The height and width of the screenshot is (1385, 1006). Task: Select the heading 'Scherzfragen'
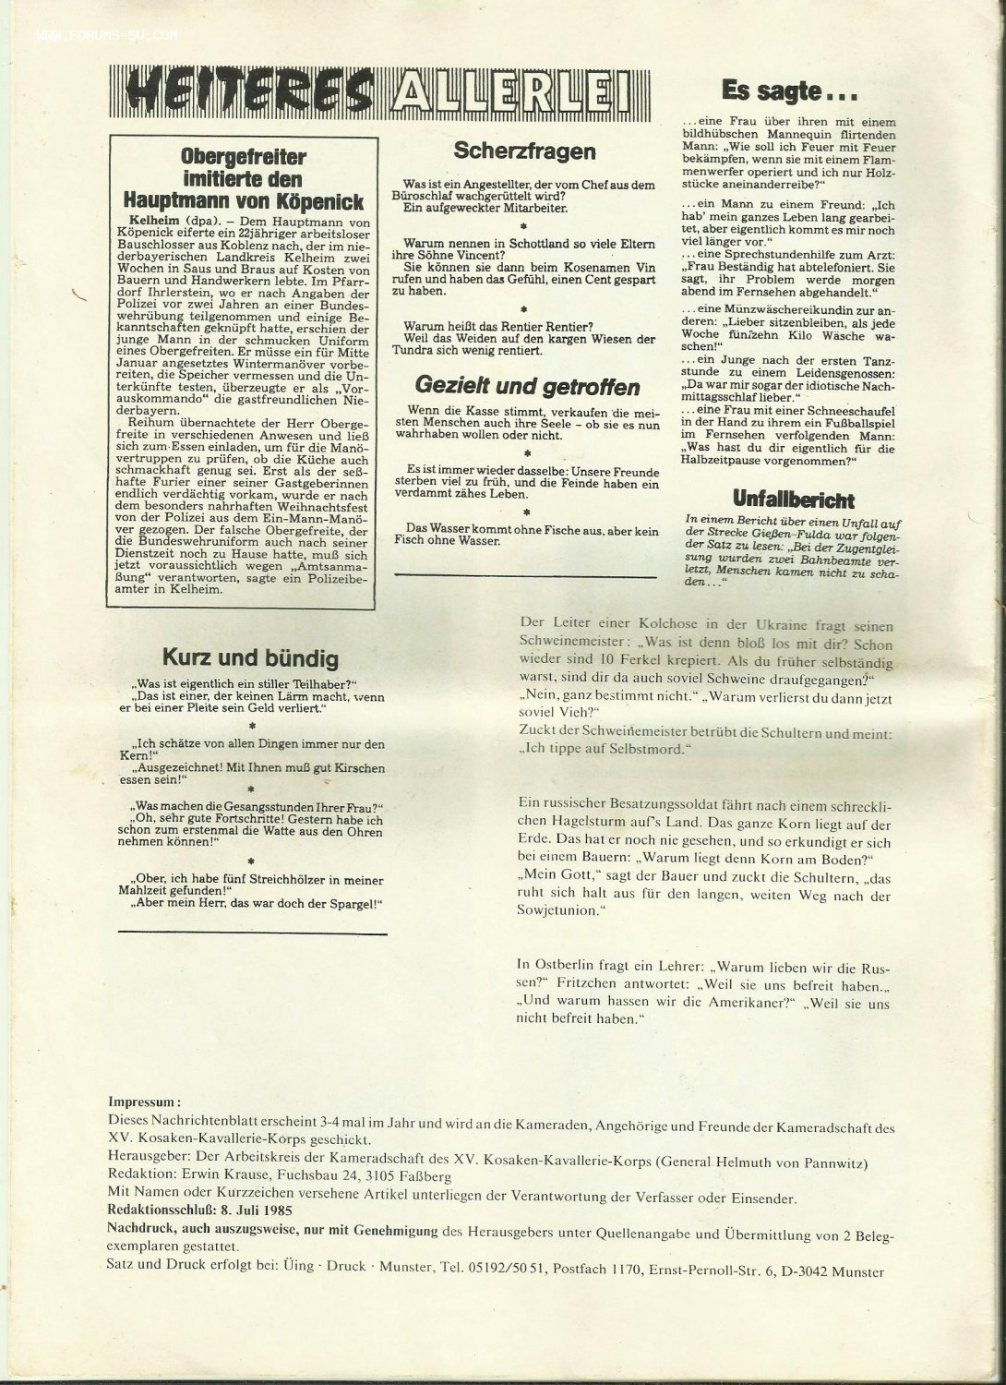pyautogui.click(x=524, y=151)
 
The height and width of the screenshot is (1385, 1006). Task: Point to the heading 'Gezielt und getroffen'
pyautogui.click(x=527, y=385)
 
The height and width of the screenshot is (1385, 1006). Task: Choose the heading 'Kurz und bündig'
pyautogui.click(x=250, y=657)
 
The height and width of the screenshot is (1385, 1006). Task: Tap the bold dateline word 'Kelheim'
pyautogui.click(x=141, y=223)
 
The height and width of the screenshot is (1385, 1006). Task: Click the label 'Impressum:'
pyautogui.click(x=145, y=1102)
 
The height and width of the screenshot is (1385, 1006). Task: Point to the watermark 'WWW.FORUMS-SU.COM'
pyautogui.click(x=106, y=38)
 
